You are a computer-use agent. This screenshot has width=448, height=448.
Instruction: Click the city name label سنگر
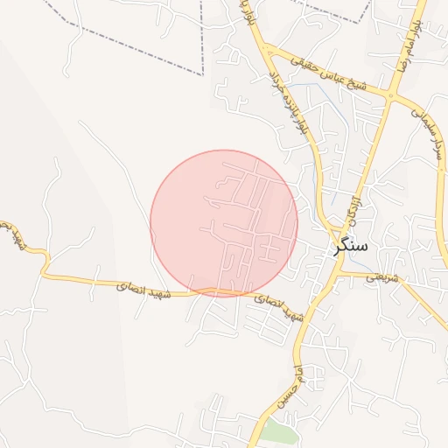pos(351,248)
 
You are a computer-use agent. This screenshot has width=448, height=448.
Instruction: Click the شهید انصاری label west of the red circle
pos(136,285)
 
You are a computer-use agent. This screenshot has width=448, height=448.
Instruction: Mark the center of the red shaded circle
pos(224,223)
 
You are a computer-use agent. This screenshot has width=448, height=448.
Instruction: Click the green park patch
pos(279,431)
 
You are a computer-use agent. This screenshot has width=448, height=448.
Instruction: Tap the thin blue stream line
pos(312,175)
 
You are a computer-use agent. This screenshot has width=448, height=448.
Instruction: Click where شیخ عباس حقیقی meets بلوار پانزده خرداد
pos(266,49)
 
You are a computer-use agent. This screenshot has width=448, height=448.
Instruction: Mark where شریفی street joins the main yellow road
pos(339,274)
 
